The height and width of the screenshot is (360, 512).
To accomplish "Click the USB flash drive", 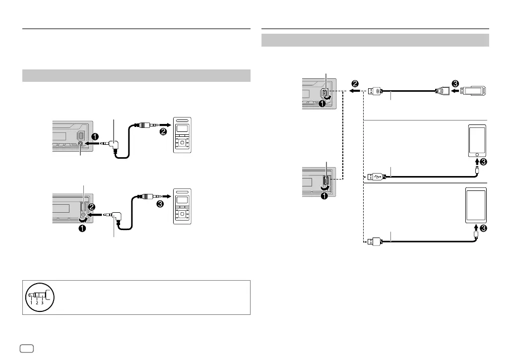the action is [x=475, y=91].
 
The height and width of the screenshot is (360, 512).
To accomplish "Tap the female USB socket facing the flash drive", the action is [x=441, y=91].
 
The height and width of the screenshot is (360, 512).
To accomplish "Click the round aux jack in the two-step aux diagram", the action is [x=80, y=143].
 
